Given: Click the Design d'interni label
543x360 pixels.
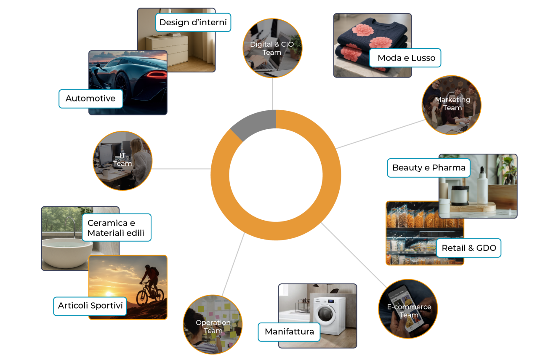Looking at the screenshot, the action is coord(193,22).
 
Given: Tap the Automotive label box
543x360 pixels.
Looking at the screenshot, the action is coord(90,99).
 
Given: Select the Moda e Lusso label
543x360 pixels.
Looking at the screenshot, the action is coord(405,58).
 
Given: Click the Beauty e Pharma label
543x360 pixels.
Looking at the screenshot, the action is coord(429,168).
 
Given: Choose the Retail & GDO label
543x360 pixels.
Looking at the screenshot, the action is coord(468,248).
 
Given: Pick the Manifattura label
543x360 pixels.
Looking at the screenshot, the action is coord(289,332).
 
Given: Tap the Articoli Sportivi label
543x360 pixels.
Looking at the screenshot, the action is coord(90,306).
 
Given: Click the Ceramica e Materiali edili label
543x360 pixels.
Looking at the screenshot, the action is coord(117,228).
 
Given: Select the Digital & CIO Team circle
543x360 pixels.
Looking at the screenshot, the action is coord(272,48).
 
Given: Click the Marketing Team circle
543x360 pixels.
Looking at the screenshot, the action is coord(452,105).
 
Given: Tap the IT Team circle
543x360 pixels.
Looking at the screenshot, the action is coord(122,161).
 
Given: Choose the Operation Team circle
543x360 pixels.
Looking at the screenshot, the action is coord(213,324).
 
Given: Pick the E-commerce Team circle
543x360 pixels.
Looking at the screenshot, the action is coord(408,309).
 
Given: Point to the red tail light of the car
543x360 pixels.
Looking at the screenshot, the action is coord(157,75).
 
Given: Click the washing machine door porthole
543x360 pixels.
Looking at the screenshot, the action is coord(325,314).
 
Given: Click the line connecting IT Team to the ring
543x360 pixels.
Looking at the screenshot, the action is coord(181,169).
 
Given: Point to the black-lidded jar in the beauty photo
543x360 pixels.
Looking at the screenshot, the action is coord(460,195).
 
